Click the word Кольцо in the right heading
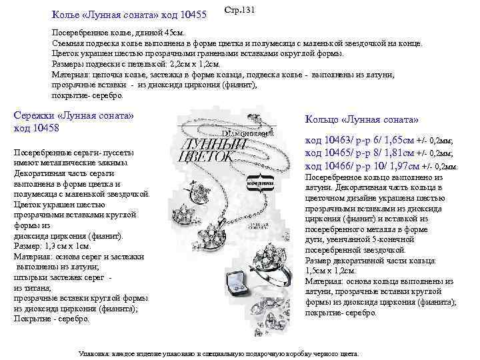point(324,119)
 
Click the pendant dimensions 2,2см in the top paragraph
point(161,63)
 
